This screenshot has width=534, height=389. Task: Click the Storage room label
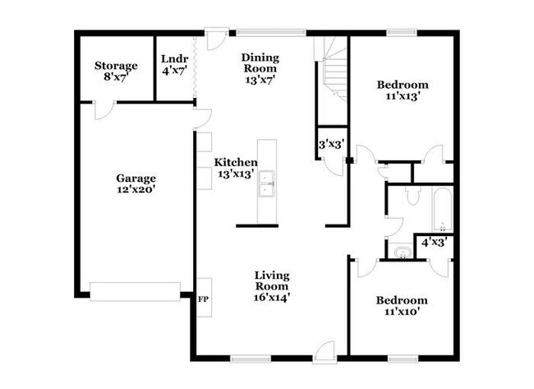coord(116,66)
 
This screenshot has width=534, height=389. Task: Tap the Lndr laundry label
coord(175,58)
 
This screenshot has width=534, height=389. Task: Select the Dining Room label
coord(260,63)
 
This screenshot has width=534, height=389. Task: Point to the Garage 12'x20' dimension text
coord(136,189)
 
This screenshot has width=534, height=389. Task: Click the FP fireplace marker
coord(203,299)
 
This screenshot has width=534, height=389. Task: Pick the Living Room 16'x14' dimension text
coord(272,297)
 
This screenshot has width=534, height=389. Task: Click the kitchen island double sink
coord(267,183)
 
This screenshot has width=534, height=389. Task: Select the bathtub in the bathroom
coord(442,208)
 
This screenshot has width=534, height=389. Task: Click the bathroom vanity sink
coord(403,252)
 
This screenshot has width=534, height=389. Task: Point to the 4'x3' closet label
coord(435,243)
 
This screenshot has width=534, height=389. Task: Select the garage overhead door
coord(136,291)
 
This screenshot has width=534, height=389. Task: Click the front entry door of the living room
coord(325,352)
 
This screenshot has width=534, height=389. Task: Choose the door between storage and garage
coord(104,109)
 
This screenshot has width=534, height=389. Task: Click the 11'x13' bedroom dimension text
coord(403,96)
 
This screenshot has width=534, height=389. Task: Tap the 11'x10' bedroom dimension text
coord(402,312)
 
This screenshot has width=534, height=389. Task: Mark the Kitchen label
coord(236,162)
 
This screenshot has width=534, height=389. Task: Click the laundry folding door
coord(195,67)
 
